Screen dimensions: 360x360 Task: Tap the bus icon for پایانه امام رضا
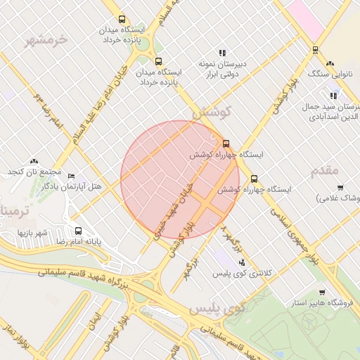(78, 231)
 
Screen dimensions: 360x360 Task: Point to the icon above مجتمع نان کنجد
(34, 161)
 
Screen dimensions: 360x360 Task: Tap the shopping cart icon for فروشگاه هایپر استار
(322, 292)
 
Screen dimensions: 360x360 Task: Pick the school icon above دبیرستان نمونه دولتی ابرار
(222, 52)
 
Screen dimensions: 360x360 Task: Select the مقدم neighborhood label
(324, 170)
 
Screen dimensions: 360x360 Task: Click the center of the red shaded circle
(180, 180)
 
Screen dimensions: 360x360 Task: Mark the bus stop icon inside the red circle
(226, 143)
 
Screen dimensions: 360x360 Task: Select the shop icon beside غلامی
(340, 187)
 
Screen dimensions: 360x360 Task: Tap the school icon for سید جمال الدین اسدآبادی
(333, 96)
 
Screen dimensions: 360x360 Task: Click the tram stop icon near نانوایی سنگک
(315, 50)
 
